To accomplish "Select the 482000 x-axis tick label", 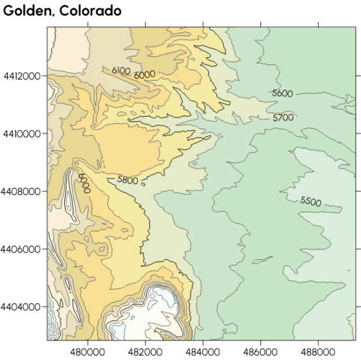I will pos(145,350).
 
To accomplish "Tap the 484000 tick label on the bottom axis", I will pos(203,350).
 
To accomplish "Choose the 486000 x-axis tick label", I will pos(260,350).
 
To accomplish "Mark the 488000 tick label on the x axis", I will pos(318,350).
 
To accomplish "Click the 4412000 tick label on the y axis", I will pos(22,76).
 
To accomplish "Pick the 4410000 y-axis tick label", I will pos(22,134).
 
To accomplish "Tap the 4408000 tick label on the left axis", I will pos(22,191).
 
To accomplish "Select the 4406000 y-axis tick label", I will pos(22,249).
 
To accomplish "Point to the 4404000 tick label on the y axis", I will pos(22,306).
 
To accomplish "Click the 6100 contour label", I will pos(121,70).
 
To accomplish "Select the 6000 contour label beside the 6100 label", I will pos(144,75).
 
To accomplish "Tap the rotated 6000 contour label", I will pos(84,182).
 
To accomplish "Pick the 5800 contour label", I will pos(128,179).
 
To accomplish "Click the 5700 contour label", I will pos(283,117).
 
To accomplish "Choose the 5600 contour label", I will pos(282,93).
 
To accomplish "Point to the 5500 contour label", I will pos(310,201).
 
